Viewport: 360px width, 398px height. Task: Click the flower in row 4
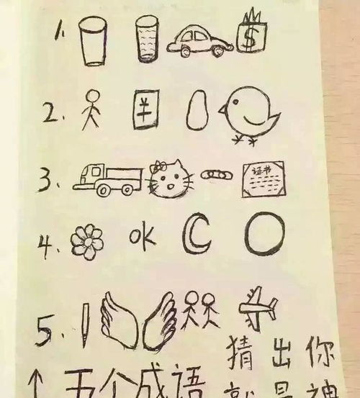(x=89, y=239)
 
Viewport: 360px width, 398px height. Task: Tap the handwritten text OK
(x=141, y=235)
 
